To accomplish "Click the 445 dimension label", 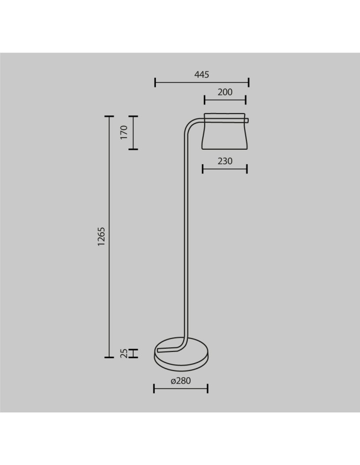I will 202,74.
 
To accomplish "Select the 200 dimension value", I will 225,92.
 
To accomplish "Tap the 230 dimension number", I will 225,161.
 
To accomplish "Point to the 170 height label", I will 124,133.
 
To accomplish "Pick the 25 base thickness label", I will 124,353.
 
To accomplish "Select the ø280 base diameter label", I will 181,381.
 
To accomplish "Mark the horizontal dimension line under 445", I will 202,83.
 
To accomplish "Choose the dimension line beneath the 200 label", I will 225,99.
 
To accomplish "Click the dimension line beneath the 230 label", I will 225,168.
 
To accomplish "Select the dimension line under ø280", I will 181,388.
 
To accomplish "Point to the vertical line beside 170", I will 133,133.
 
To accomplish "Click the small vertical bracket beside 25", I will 133,353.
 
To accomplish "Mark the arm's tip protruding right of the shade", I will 247,121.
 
